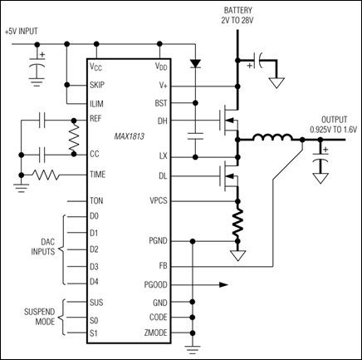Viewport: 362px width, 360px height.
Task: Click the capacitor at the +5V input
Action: [x=37, y=65]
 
